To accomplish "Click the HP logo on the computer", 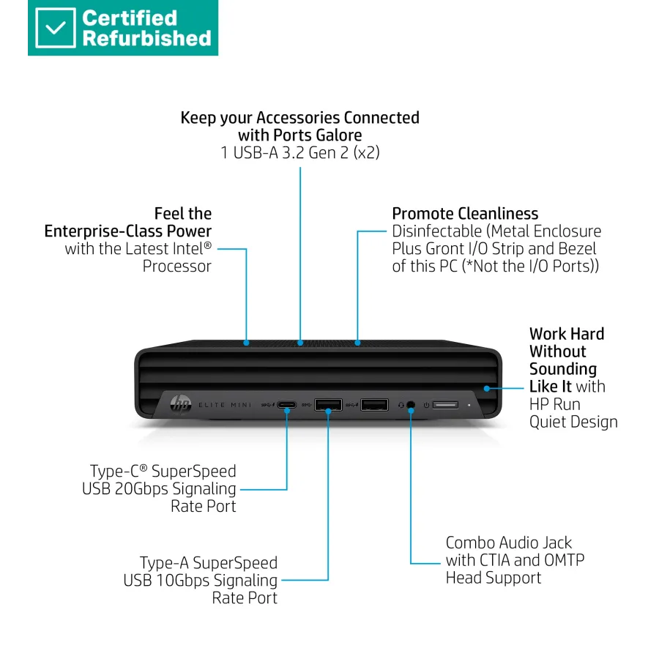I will point(179,404).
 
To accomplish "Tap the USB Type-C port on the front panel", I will point(286,404).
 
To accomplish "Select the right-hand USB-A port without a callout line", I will point(374,404).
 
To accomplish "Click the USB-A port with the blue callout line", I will point(328,404).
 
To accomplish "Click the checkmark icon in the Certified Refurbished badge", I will point(55,28).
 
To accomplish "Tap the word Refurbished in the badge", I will point(146,38).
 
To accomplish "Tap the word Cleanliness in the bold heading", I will point(498,214).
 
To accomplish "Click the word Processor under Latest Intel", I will point(177,267).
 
